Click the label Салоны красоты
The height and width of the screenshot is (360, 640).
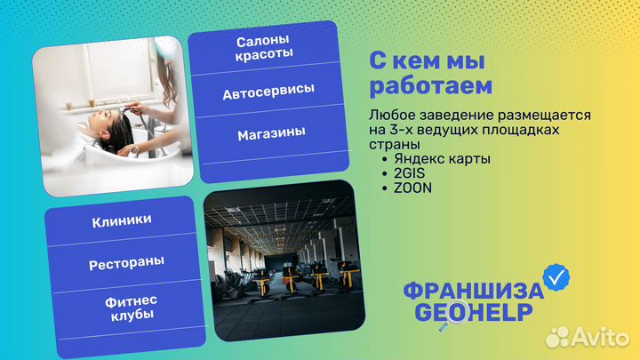pyautogui.click(x=264, y=48)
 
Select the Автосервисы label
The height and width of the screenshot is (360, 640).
pyautogui.click(x=268, y=92)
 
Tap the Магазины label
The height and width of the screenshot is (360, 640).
pyautogui.click(x=270, y=133)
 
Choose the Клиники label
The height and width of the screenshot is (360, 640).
pyautogui.click(x=121, y=220)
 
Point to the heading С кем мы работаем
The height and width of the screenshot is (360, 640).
pyautogui.click(x=430, y=73)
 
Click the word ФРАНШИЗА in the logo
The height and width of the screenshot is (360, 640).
pyautogui.click(x=472, y=292)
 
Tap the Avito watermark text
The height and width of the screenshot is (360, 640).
pyautogui.click(x=602, y=336)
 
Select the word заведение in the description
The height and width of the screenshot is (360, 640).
pyautogui.click(x=448, y=116)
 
